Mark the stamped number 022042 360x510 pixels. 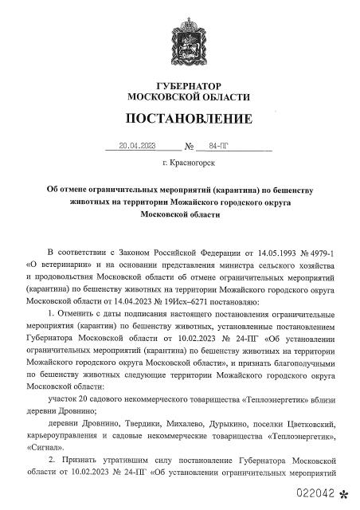[x=318, y=493]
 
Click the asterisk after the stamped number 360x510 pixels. [x=344, y=494]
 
